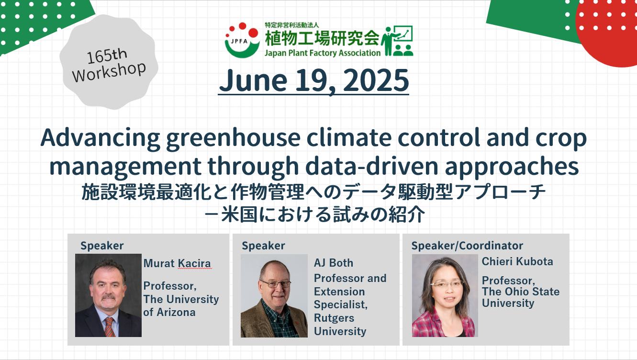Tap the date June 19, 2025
pos(313,81)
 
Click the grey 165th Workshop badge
pos(109,62)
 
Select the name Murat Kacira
pos(177,263)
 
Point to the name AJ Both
pos(333,263)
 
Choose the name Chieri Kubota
pos(517,261)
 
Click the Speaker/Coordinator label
pos(467,246)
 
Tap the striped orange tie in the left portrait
pos(109,327)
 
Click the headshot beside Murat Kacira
pos(108,295)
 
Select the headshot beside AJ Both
pos(274,296)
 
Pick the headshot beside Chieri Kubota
pos(445,295)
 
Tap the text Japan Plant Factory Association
pos(323,53)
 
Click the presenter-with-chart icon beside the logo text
pos(397,41)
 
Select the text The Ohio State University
pos(521,297)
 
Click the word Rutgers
pos(334,318)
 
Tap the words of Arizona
pos(169,312)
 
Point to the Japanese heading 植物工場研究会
pos(322,38)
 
